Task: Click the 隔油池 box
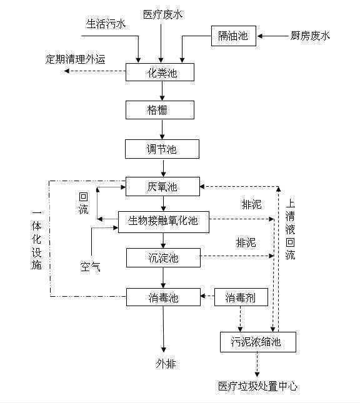(233, 36)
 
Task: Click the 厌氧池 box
(162, 186)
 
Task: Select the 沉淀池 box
(162, 257)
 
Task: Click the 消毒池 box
(162, 297)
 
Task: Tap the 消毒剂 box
(242, 297)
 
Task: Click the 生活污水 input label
(106, 24)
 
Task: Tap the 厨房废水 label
(311, 36)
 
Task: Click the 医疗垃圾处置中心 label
(257, 386)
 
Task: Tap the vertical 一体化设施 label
(36, 241)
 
